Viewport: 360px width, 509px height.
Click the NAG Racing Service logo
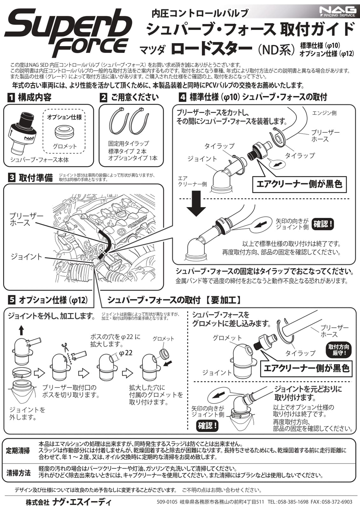point(337,12)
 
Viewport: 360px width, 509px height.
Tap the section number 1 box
point(11,97)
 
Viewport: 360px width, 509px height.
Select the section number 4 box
point(182,97)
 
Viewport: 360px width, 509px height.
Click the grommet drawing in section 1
point(65,131)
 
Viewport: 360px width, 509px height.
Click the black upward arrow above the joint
point(21,330)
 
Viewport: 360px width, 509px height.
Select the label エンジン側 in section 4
point(324,113)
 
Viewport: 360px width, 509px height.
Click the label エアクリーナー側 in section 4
point(192,181)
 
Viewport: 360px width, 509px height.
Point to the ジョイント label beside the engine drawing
point(26,257)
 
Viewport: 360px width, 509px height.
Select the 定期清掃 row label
point(18,451)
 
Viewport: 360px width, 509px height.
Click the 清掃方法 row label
point(18,473)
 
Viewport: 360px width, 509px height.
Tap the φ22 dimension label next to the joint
point(126,353)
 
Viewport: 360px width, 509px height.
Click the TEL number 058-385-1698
point(293,502)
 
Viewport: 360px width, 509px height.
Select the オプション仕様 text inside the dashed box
point(64,117)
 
